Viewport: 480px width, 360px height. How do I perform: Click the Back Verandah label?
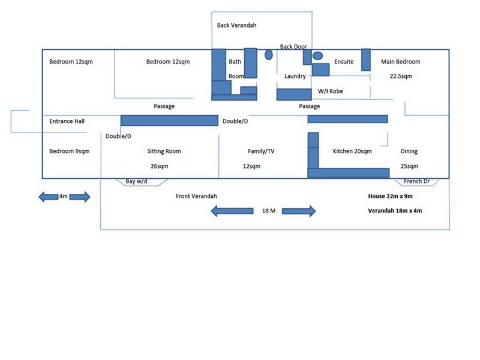(236, 25)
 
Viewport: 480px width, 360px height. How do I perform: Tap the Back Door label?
(293, 47)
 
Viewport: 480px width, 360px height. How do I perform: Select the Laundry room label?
(295, 76)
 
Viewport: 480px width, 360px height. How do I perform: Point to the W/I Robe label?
(331, 91)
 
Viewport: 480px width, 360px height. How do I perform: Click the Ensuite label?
(344, 62)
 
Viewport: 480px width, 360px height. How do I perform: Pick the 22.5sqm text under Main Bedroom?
(401, 76)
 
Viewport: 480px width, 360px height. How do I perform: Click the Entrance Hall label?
(67, 121)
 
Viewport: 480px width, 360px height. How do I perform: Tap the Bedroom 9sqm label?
(70, 151)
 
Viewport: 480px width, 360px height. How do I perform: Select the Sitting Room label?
(164, 151)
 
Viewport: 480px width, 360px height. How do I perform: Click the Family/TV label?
(261, 151)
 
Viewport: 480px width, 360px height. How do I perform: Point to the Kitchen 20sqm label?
(352, 151)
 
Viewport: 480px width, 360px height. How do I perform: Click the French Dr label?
(416, 181)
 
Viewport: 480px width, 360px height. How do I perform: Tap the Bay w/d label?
(136, 181)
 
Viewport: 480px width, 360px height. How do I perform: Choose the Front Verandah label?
(196, 196)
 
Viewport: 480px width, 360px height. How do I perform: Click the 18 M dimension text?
(269, 211)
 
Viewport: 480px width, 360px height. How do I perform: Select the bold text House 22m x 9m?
(391, 196)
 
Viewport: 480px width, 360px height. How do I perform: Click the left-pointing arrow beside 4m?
(49, 197)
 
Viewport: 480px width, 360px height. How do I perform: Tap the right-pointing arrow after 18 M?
(299, 211)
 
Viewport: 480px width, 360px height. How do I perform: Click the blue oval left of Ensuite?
(317, 56)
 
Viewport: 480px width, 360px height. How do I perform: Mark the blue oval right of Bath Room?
(268, 55)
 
